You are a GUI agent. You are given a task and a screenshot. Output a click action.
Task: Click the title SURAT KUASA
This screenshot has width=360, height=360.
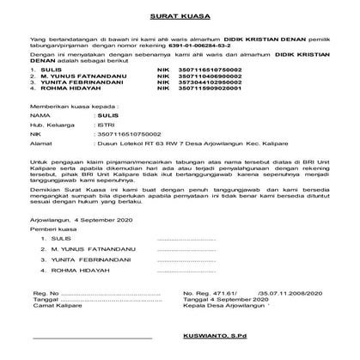(x=180, y=16)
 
